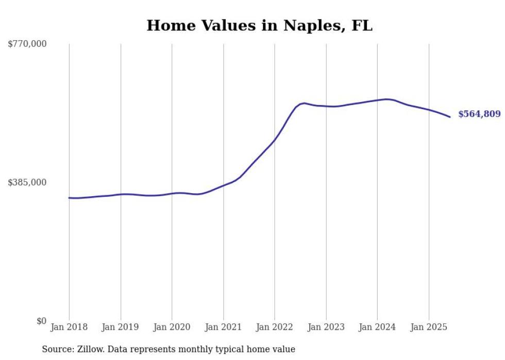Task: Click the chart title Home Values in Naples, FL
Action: [x=259, y=26]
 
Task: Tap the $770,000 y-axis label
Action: [x=27, y=44]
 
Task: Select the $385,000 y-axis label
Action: [x=27, y=182]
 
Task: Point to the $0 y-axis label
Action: [x=41, y=321]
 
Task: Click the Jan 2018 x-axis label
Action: [x=69, y=327]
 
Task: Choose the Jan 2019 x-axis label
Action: [x=121, y=327]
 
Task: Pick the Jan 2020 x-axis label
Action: [x=172, y=327]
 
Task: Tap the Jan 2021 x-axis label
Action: [x=223, y=327]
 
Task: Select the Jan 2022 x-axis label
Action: [x=275, y=327]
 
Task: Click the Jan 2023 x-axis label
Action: [x=326, y=327]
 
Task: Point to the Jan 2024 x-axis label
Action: [x=377, y=327]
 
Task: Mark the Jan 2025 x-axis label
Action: [x=428, y=327]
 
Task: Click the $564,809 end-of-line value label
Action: [x=479, y=114]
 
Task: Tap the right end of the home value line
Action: [x=450, y=117]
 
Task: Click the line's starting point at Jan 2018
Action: [x=70, y=198]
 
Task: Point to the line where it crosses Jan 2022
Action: [x=275, y=139]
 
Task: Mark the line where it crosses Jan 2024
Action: [x=377, y=100]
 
